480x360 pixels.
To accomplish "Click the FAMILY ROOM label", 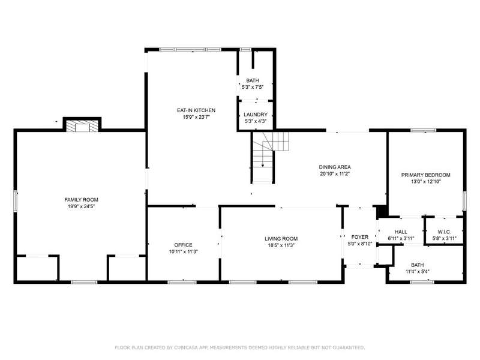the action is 81,200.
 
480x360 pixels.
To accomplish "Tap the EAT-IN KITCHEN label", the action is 196,110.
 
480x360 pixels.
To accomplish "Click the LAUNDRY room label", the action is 256,115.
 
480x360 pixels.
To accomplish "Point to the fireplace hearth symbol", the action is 82,127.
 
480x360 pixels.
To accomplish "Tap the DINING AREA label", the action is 335,167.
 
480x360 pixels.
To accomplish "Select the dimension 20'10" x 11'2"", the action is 335,174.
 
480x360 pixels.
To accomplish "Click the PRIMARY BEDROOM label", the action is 426,175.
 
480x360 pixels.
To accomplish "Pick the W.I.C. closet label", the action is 444,232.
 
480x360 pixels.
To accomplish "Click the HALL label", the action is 401,232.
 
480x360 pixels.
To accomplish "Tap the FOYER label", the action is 359,237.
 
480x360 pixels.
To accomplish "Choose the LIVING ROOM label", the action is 281,239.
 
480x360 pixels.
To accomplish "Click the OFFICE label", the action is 184,245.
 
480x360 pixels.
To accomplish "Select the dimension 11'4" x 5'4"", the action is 418,272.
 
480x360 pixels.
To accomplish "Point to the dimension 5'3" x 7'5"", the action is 253,87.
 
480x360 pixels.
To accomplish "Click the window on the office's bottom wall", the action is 182,282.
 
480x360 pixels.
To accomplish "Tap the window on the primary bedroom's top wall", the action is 424,130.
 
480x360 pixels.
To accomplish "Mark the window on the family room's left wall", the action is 16,201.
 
